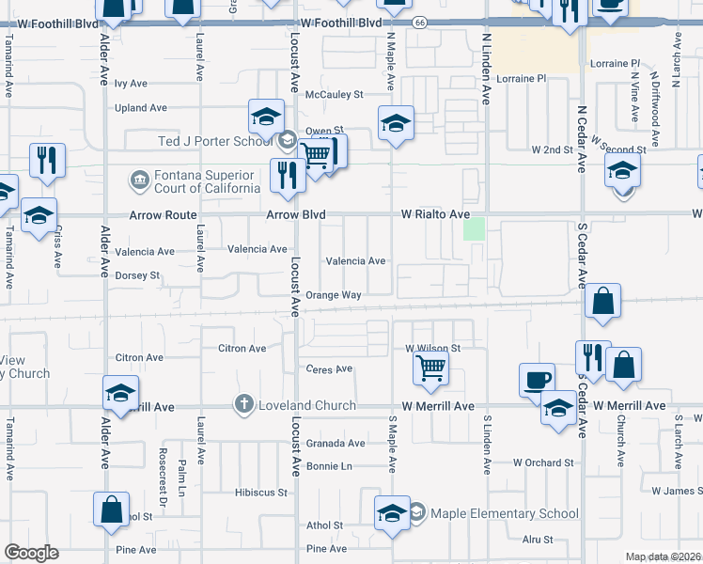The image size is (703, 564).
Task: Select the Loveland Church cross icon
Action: point(243,405)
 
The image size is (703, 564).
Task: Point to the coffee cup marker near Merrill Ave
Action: point(536,379)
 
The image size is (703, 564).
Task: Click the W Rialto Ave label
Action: point(435,214)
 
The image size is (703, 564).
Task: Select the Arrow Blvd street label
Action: point(296,214)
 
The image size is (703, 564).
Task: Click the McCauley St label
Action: point(339,94)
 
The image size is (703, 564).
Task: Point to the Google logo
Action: point(31,553)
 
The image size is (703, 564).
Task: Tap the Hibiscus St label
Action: point(260,492)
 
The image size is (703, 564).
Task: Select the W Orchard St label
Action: point(543,462)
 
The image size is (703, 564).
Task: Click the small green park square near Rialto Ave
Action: point(475,228)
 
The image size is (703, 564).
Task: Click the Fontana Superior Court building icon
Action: point(139,180)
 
